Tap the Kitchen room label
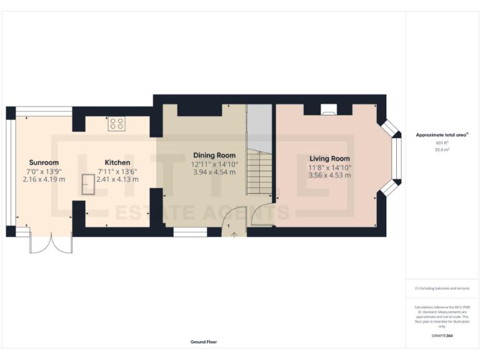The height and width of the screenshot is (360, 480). point(117,162)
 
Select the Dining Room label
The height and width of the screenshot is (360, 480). point(214,155)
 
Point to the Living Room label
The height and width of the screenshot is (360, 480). point(329,159)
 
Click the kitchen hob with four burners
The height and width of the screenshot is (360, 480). point(116,124)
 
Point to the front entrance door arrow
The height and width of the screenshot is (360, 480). point(234,235)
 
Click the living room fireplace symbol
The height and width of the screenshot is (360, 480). point(328,111)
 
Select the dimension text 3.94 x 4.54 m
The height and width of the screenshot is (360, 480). point(214,172)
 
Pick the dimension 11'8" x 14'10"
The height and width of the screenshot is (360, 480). point(329,167)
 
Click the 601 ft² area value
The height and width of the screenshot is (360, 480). point(442,143)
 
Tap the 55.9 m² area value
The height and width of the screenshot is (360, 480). point(442,150)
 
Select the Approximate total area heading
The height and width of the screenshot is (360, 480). point(441,134)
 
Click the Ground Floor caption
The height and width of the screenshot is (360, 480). point(204,342)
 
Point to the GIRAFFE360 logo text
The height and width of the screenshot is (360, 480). point(442,337)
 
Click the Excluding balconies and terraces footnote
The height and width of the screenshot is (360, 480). point(442,288)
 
